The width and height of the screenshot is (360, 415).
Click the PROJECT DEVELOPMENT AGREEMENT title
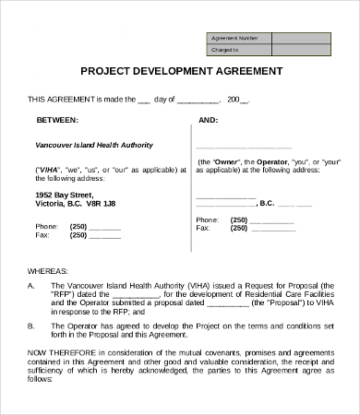[181, 70]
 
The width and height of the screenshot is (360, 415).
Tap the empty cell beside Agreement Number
[302, 38]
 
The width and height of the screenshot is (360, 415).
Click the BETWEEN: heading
[56, 120]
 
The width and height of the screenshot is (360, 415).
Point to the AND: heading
[208, 120]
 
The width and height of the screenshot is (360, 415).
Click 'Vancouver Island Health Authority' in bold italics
[94, 146]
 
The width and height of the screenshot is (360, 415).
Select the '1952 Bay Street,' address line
[65, 196]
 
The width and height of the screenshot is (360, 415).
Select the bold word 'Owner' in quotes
[228, 161]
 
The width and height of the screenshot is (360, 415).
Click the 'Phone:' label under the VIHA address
[46, 226]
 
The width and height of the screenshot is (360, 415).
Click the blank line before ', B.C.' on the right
[225, 202]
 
